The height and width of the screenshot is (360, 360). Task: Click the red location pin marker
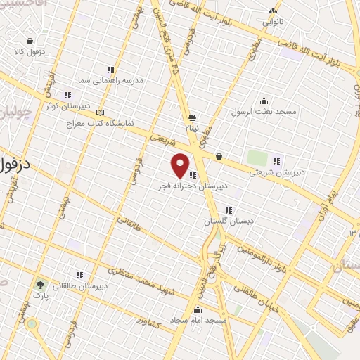coord(181,165)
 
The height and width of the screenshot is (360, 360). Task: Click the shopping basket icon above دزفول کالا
coord(30,41)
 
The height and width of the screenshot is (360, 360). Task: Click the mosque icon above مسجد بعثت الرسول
coord(264,101)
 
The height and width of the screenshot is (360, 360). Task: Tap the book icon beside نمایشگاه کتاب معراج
coord(100,112)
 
